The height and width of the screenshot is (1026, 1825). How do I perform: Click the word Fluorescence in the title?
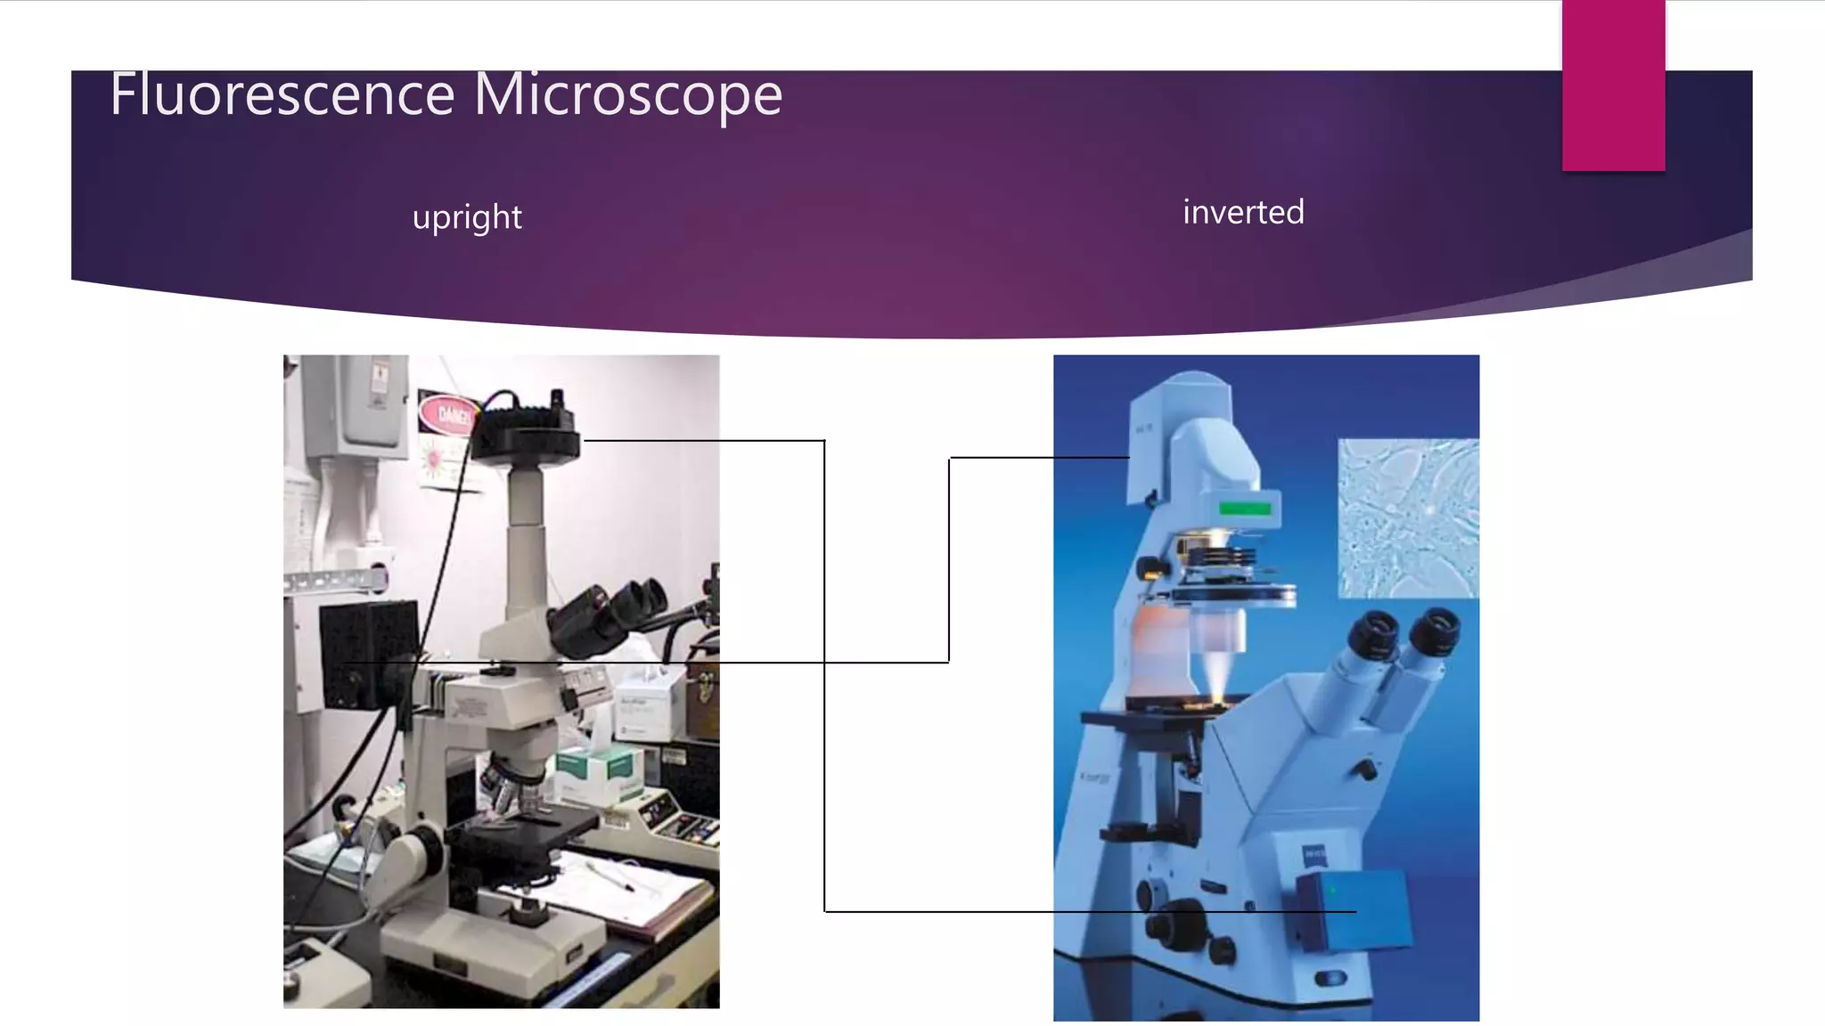click(x=282, y=94)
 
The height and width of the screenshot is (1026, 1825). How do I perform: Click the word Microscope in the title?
click(x=628, y=94)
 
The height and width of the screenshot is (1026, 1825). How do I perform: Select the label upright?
click(x=467, y=217)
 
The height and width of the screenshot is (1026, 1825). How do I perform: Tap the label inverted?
click(x=1243, y=213)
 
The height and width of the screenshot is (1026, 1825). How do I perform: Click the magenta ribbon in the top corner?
click(x=1613, y=85)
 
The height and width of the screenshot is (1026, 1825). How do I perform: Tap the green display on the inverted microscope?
click(x=1245, y=509)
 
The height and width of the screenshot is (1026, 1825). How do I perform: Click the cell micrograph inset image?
click(x=1408, y=517)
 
